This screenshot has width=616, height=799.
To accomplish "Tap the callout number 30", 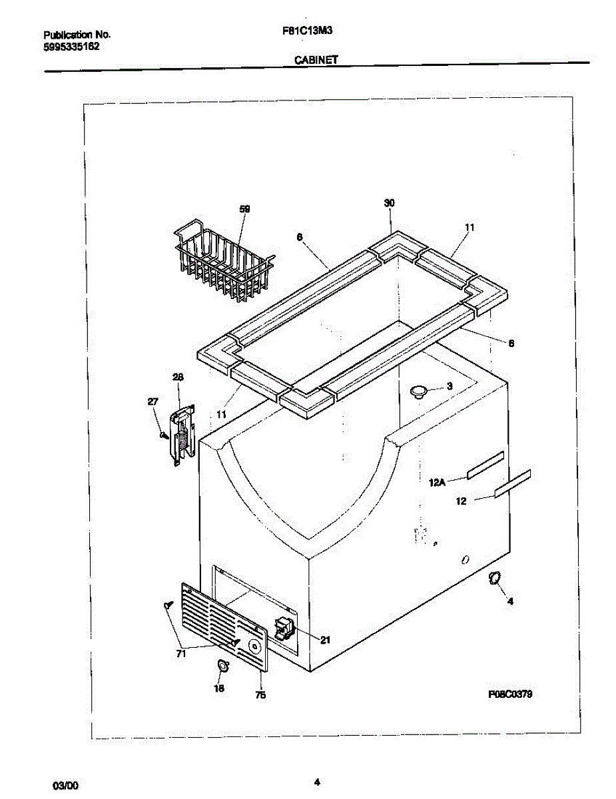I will click(x=390, y=202).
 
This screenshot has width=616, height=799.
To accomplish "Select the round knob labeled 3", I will click(x=418, y=391).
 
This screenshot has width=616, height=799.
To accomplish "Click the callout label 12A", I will click(x=437, y=482).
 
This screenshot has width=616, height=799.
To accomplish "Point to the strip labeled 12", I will click(x=512, y=483).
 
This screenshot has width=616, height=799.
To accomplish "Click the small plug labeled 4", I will click(x=495, y=578).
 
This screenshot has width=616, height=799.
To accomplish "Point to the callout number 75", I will click(x=261, y=695).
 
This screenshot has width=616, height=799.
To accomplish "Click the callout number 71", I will click(x=181, y=655).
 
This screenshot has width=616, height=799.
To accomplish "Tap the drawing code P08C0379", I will click(x=510, y=694).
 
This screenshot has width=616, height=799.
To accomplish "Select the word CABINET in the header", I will click(x=316, y=59).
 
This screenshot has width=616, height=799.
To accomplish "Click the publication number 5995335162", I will click(x=72, y=47).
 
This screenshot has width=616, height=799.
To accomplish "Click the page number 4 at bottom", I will click(x=317, y=782).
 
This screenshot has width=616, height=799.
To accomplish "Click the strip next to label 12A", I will click(x=484, y=465).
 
